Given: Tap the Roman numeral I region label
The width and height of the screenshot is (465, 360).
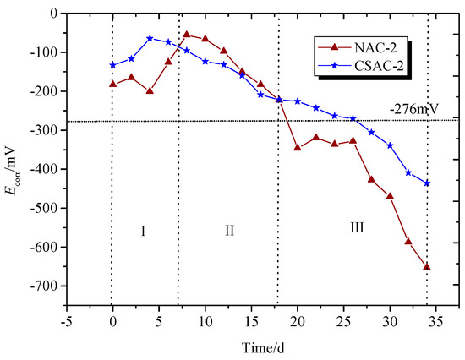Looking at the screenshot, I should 143,231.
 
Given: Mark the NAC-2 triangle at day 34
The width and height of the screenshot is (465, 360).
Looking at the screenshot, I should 427,266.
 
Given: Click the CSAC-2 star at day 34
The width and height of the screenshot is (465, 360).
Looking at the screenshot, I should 427,183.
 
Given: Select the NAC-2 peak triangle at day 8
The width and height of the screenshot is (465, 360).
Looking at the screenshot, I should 186,35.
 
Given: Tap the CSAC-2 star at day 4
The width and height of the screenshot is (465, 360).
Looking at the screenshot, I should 150,38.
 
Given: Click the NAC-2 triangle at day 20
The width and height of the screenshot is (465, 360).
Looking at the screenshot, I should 298,147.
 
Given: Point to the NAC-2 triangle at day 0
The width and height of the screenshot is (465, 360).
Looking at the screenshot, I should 112,84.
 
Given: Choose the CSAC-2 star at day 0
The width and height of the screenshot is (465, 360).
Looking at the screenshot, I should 112,65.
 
